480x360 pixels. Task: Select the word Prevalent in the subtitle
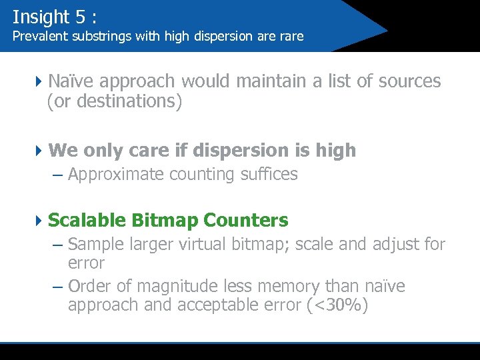(x=39, y=36)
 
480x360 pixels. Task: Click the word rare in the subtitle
(x=291, y=36)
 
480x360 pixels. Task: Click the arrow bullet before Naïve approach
(x=39, y=81)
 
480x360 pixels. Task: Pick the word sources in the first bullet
(x=409, y=81)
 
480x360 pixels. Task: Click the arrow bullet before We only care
(x=39, y=151)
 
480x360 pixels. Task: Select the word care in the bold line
(x=151, y=151)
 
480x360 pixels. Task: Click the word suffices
(x=269, y=175)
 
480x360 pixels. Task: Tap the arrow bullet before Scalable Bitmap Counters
(x=39, y=220)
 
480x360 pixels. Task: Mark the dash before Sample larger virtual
(x=57, y=245)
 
